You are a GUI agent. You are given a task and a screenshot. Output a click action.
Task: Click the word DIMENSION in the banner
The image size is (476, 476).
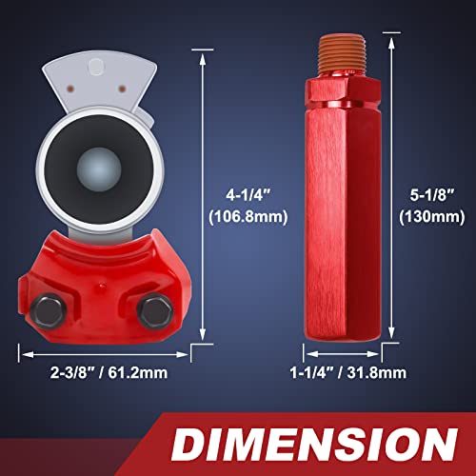[314, 444]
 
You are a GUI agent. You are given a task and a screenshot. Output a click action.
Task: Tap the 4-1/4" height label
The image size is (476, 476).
[248, 194]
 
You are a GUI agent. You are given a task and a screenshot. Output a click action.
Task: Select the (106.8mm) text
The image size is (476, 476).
[248, 216]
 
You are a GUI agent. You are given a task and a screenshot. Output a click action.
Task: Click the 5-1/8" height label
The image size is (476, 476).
[432, 194]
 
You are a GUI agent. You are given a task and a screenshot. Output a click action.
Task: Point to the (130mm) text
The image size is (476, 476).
[432, 217]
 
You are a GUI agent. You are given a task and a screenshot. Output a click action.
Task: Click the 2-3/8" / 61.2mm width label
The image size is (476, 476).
[109, 372]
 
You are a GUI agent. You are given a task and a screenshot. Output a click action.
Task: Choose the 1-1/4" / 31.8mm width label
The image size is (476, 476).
[348, 372]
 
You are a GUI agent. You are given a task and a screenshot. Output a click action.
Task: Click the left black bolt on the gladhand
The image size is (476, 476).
[49, 311]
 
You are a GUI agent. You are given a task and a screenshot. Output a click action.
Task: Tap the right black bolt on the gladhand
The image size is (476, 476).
[155, 311]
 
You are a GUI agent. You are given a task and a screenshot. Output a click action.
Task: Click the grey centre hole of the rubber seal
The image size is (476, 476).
[99, 169]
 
